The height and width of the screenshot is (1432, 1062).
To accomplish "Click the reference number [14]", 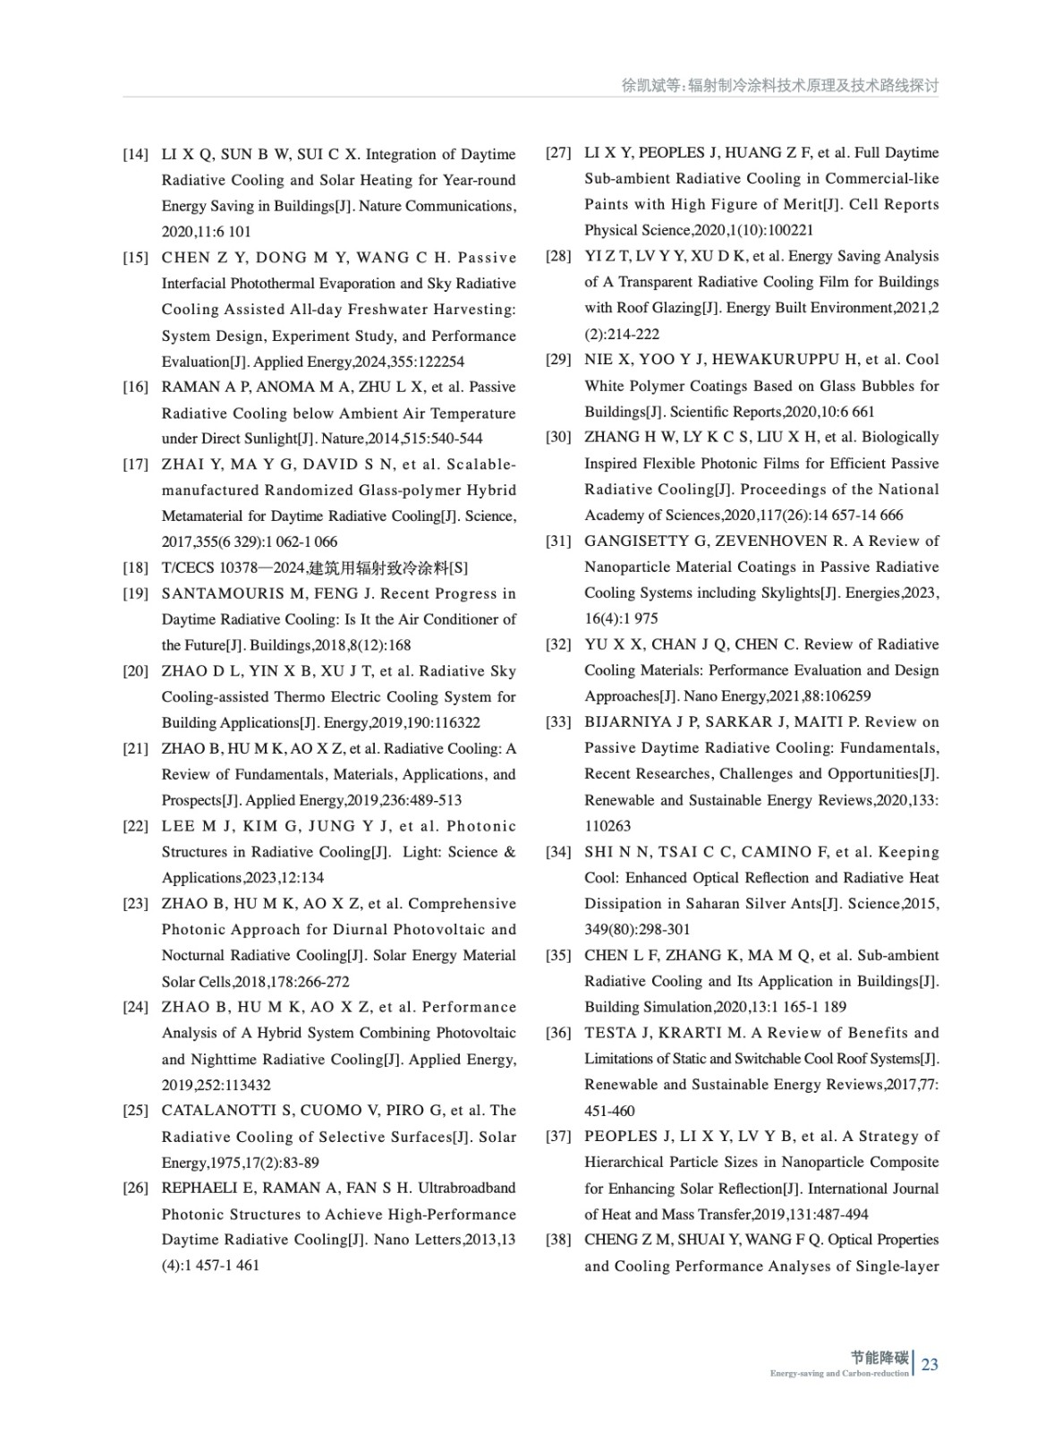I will (135, 155).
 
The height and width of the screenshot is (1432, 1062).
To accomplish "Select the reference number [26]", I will (135, 1189).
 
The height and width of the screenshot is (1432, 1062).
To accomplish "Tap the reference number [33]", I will (558, 722).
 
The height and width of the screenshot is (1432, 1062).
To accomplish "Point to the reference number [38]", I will (558, 1240).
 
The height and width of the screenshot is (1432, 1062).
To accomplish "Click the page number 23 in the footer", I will (930, 1365).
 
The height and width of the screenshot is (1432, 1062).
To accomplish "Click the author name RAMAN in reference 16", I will (185, 388).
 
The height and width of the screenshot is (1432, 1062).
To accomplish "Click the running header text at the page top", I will (779, 86).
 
